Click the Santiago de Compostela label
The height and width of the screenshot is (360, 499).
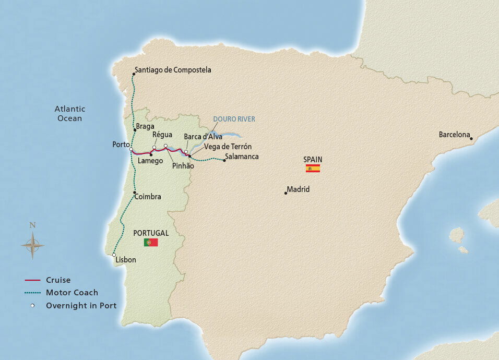[172, 70]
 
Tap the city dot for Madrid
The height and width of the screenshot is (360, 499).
[286, 193]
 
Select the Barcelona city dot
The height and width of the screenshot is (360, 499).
[471, 139]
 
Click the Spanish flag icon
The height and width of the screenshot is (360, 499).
[313, 169]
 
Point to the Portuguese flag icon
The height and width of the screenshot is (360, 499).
[151, 243]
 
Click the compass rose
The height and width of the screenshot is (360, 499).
[32, 245]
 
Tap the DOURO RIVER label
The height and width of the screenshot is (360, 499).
[234, 119]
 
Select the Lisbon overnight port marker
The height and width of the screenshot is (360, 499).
[114, 255]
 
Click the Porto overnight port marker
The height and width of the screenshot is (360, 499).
[131, 149]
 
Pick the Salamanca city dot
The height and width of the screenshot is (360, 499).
[224, 161]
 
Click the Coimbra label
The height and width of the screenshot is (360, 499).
[148, 197]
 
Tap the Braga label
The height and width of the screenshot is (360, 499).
[144, 127]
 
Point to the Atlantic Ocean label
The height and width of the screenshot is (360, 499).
[70, 114]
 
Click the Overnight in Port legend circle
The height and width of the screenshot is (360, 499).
[32, 306]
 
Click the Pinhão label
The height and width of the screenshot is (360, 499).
[183, 165]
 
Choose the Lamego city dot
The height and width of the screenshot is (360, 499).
[151, 154]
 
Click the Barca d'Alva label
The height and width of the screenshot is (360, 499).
[203, 137]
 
